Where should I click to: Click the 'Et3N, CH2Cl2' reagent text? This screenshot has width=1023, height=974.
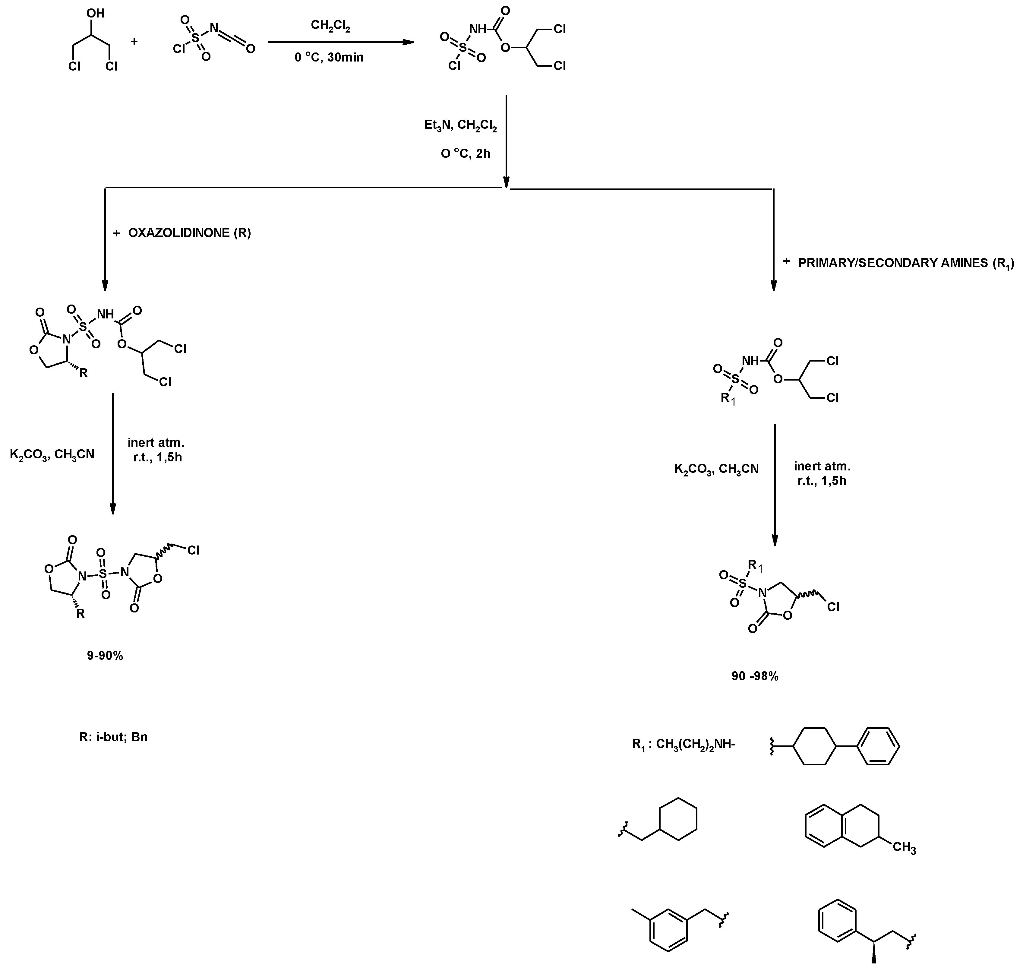pyautogui.click(x=460, y=126)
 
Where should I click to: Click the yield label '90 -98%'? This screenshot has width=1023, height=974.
pyautogui.click(x=755, y=676)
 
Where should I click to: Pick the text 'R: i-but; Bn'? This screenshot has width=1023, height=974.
pyautogui.click(x=113, y=737)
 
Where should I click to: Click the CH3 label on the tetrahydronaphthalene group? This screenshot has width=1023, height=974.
pyautogui.click(x=904, y=848)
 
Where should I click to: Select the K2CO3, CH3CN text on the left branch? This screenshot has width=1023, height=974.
pyautogui.click(x=52, y=455)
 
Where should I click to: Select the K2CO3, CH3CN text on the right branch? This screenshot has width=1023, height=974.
pyautogui.click(x=716, y=469)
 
